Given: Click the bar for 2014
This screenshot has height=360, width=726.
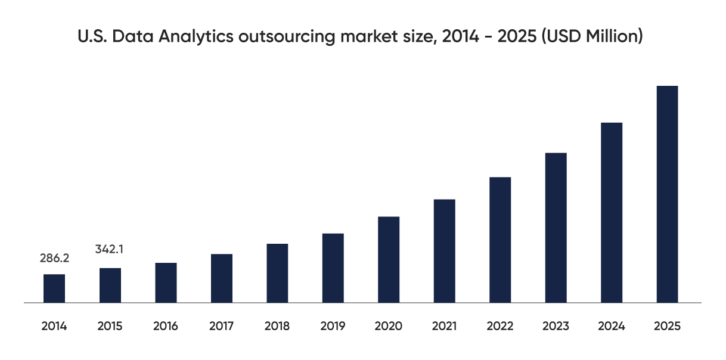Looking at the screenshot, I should click(x=54, y=288).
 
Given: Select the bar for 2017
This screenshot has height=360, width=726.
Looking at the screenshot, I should click(x=222, y=278).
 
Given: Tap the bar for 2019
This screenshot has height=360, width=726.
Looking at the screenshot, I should click(x=333, y=268).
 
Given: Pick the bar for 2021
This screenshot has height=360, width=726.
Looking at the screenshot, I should click(x=444, y=251).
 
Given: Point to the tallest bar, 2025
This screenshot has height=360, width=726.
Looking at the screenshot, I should click(x=667, y=194).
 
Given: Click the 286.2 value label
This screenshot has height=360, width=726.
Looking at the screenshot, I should click(x=55, y=258).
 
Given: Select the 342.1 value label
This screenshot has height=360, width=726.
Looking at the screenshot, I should click(x=110, y=249).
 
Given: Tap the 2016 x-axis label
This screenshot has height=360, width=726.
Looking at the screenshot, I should click(x=166, y=326).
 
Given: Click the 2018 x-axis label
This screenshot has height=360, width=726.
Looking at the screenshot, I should click(x=277, y=326).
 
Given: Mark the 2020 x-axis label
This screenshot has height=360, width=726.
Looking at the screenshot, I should click(x=389, y=326).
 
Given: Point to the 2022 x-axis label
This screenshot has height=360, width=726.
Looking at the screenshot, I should click(x=500, y=326).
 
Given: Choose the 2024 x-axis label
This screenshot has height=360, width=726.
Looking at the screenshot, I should click(x=612, y=326).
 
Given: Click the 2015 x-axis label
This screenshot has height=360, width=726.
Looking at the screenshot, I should click(x=110, y=326).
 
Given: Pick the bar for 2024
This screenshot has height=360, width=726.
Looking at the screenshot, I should click(x=612, y=213).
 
